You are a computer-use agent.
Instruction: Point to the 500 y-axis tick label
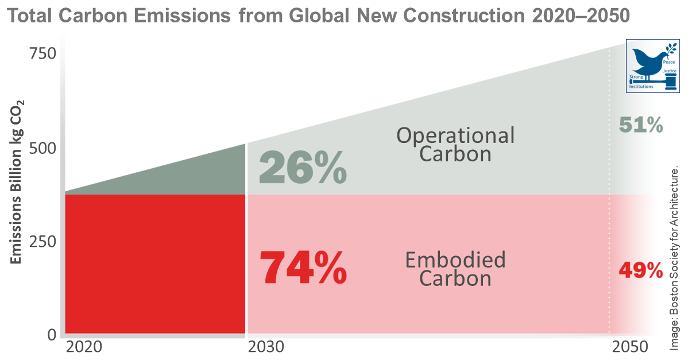point(42,148)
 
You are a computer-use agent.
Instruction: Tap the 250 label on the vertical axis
point(42,241)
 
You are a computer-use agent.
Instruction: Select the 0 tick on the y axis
point(51,334)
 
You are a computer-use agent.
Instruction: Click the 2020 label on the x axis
point(84,347)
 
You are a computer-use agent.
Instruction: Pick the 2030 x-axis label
point(266,347)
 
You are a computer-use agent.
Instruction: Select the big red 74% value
point(303,268)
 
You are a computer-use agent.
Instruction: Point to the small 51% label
point(641,125)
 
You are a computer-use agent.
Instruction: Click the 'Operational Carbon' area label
point(455,145)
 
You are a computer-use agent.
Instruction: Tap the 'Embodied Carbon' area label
point(455,269)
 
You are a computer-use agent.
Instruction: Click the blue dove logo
point(652,65)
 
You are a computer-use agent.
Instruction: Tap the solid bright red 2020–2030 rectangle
point(155,264)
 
